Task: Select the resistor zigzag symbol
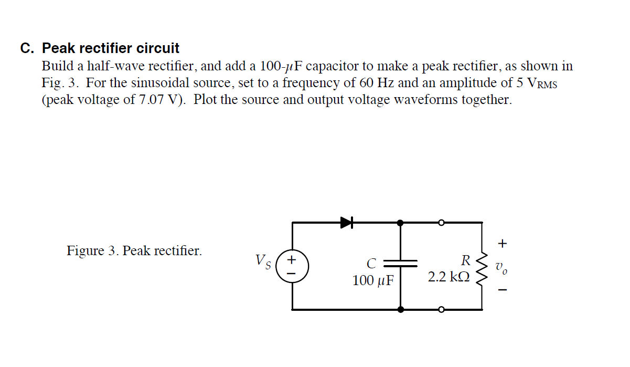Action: coord(482,267)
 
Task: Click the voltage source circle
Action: coord(292,267)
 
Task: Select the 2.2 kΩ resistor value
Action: coord(449,277)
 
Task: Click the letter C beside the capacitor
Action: coord(371,263)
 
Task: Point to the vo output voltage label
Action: coord(502,267)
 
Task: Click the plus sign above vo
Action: coord(503,243)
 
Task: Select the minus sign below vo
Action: coord(503,289)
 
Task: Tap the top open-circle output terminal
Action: coord(442,223)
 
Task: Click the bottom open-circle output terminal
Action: coord(442,310)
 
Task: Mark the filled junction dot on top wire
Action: coord(400,223)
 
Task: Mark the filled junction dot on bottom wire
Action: coord(400,310)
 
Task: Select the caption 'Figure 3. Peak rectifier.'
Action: coord(134,251)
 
